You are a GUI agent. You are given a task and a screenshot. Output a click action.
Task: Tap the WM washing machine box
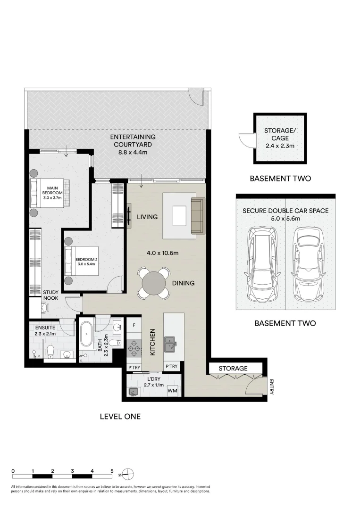[172, 391]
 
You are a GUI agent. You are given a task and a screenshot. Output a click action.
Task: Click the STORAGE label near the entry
[233, 368]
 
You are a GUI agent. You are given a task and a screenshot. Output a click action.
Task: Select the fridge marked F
[134, 325]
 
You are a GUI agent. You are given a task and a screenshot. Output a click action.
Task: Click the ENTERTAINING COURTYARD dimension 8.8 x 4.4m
[133, 153]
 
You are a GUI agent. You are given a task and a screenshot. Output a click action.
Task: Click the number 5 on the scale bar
[112, 470]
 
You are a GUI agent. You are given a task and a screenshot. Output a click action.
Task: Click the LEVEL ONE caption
[120, 417]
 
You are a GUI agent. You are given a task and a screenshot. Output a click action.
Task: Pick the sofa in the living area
[197, 216]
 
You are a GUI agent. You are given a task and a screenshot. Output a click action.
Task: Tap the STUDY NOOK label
[51, 295]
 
